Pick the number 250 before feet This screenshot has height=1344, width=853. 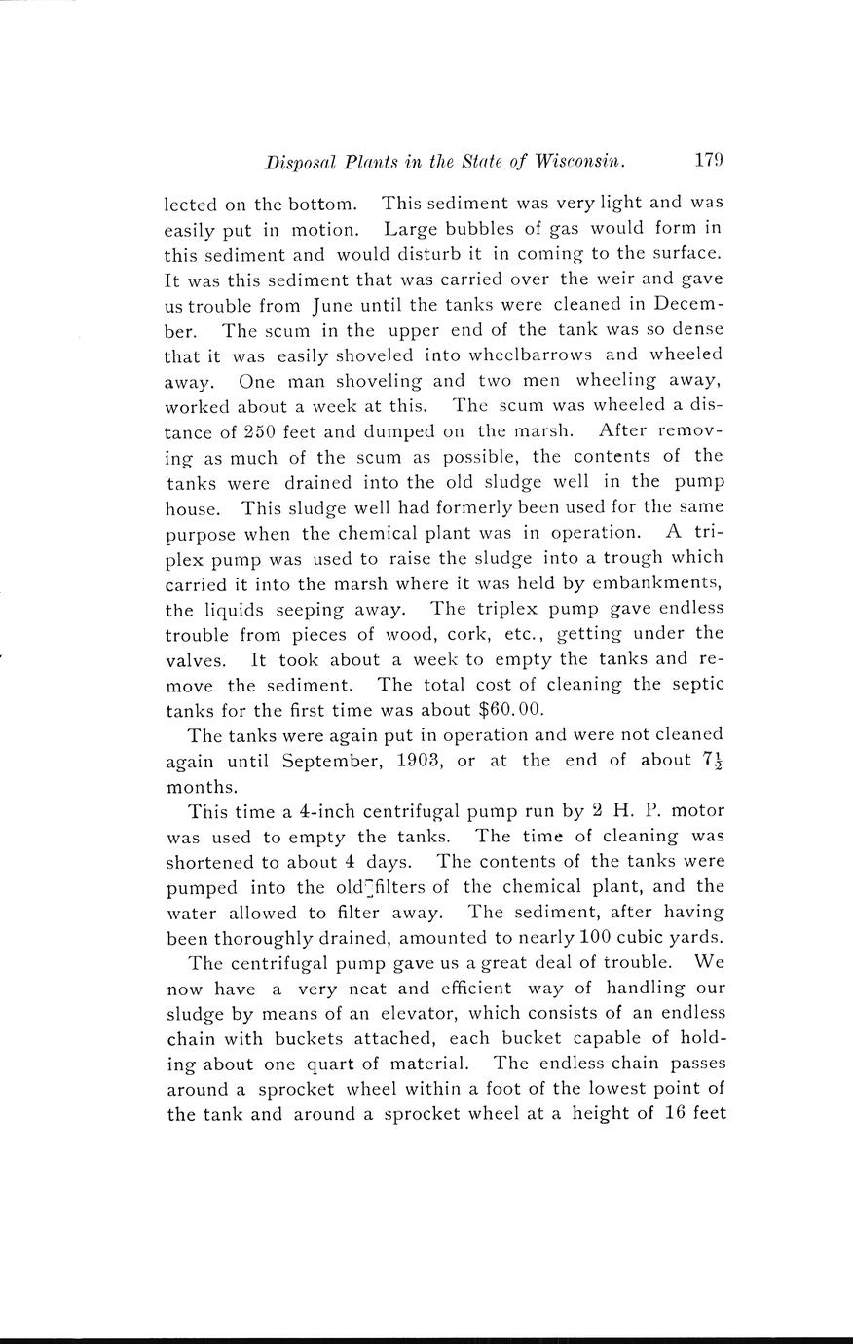(x=262, y=430)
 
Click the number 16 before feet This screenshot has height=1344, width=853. (x=674, y=1114)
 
